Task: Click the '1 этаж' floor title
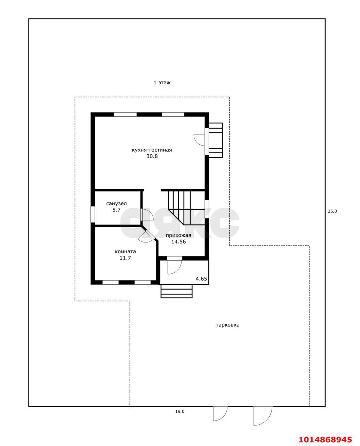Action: (x=162, y=83)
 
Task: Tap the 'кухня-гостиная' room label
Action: (x=152, y=150)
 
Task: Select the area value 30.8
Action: (x=152, y=156)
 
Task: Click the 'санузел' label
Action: (x=117, y=203)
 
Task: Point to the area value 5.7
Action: (x=117, y=210)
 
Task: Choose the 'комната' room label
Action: (x=125, y=252)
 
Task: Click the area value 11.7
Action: (x=125, y=258)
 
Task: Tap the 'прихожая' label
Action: (x=178, y=235)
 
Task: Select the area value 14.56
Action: (x=178, y=241)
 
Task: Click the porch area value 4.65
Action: (x=201, y=279)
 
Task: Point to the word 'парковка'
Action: (x=227, y=325)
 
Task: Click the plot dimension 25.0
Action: (x=332, y=211)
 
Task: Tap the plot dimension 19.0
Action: (x=180, y=411)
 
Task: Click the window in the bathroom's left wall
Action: (x=93, y=214)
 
